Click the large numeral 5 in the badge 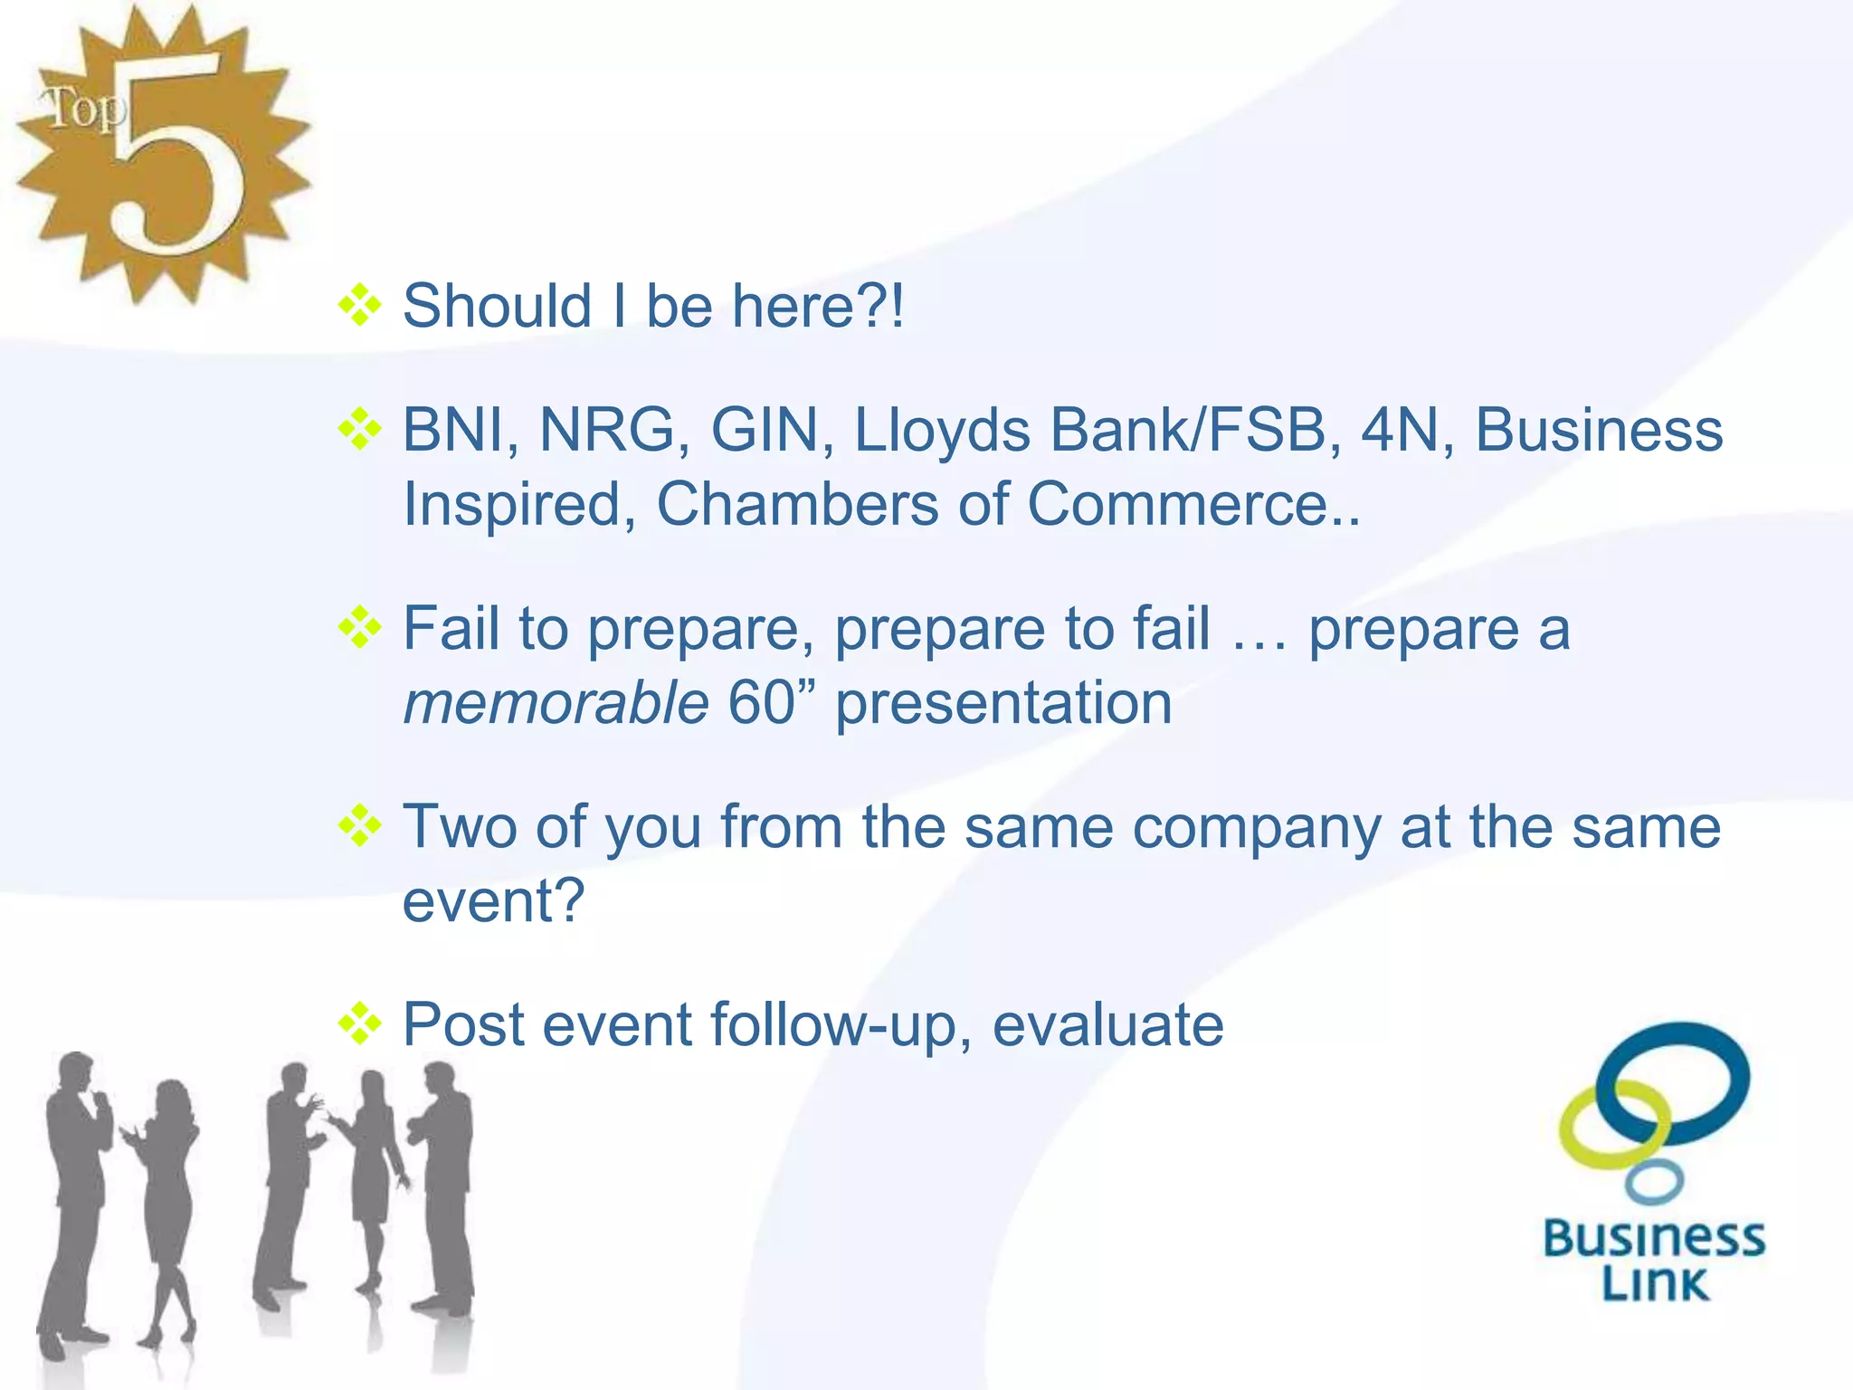pos(181,154)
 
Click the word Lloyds pos(942,431)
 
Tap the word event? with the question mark pos(494,901)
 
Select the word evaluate pos(1108,1025)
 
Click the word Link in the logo pos(1655,1284)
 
